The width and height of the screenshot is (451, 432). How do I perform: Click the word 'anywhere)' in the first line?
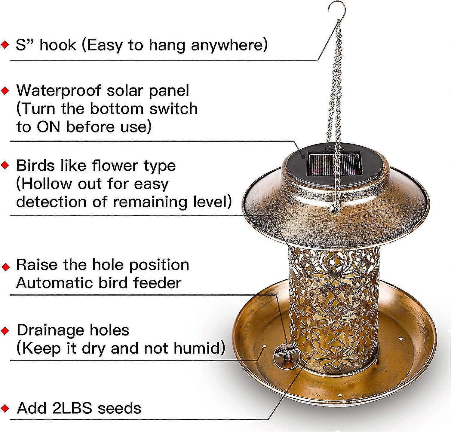click(229, 45)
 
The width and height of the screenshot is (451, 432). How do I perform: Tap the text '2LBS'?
click(72, 408)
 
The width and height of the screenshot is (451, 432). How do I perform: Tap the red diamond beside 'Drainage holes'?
click(5, 331)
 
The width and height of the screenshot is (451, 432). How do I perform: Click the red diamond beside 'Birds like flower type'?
click(5, 166)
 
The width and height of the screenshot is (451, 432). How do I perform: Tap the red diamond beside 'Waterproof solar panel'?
click(5, 90)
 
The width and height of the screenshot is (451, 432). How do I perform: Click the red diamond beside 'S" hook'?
click(5, 45)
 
